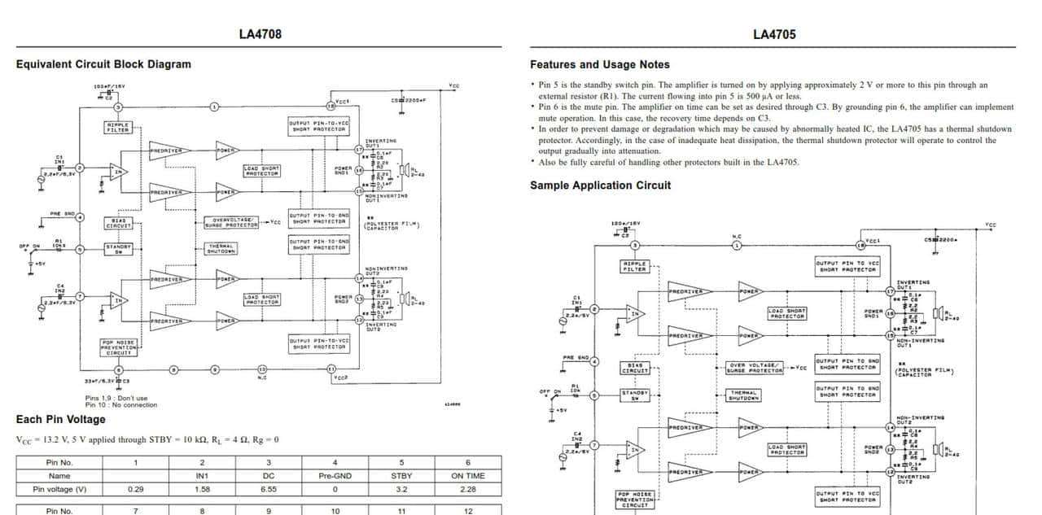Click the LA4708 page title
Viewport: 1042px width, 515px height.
260,34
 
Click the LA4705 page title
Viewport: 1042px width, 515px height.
774,34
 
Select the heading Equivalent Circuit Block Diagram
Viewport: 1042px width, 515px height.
103,64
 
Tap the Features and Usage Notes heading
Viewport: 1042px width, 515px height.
600,64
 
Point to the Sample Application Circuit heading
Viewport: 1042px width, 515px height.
600,185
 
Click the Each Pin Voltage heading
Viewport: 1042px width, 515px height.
61,419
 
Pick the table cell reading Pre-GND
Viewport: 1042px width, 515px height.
335,476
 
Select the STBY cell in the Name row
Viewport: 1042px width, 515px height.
401,476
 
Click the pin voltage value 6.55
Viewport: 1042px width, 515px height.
269,490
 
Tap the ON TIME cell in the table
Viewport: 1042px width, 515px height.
468,476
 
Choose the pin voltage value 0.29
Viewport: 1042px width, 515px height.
136,490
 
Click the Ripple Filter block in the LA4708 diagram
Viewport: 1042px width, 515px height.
117,127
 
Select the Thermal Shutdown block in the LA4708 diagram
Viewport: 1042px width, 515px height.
221,249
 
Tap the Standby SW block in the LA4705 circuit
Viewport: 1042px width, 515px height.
635,395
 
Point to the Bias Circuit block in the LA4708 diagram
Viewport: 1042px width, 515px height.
117,221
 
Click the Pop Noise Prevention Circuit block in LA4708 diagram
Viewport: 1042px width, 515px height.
117,347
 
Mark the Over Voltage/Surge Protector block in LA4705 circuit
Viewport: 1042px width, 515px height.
755,368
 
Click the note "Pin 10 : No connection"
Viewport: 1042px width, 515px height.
121,404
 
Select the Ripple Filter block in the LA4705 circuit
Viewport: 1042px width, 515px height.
634,266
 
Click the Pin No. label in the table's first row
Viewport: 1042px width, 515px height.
59,462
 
